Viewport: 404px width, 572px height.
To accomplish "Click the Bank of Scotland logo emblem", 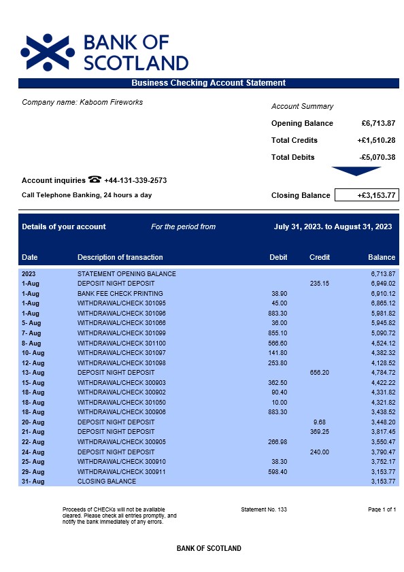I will tap(48, 52).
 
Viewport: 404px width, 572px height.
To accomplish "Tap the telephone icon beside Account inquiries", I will tap(95, 180).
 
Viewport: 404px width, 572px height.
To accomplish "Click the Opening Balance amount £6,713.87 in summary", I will tap(378, 123).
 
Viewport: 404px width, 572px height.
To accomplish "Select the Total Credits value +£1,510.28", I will tap(376, 140).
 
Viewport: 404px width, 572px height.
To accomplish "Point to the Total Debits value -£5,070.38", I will tap(377, 157).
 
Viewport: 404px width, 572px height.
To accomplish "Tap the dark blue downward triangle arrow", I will tap(356, 171).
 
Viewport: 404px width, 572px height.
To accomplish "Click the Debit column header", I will tap(278, 257).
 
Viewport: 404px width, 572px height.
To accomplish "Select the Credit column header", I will tap(319, 257).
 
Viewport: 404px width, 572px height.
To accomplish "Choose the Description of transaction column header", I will tap(120, 257).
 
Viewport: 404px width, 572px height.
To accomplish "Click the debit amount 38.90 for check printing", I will tap(279, 293).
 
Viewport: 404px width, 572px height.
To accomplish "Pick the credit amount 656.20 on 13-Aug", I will tap(319, 372).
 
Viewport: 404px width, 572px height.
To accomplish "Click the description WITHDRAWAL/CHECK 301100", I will tap(121, 343).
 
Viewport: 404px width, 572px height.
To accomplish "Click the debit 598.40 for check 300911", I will tap(277, 471).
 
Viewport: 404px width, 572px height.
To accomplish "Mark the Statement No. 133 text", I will tap(264, 509).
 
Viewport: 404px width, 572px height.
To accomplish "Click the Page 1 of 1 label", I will tap(382, 509).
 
